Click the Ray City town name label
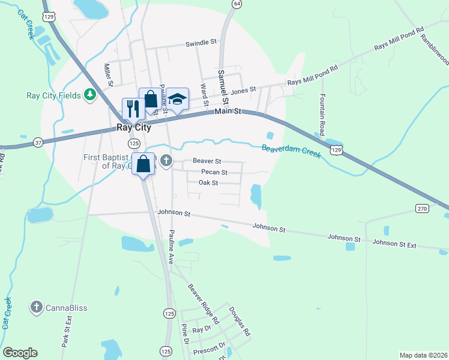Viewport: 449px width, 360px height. [x=133, y=128]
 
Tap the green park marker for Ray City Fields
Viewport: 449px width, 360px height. [x=90, y=95]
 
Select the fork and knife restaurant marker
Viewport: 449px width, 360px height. [x=132, y=108]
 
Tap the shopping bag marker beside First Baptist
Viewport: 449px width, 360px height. [x=143, y=163]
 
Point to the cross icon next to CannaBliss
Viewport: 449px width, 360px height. [x=36, y=308]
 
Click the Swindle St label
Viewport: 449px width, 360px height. [x=200, y=43]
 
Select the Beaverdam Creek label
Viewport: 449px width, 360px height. [x=291, y=151]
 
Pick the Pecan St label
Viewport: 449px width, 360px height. [x=214, y=172]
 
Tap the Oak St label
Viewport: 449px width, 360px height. [x=208, y=182]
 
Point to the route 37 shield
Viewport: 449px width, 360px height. [x=38, y=142]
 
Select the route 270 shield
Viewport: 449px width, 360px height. [x=421, y=208]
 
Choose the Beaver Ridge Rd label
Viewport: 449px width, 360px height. [x=203, y=304]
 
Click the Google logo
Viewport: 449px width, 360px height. [x=20, y=353]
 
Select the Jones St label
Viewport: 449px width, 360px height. [x=244, y=90]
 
